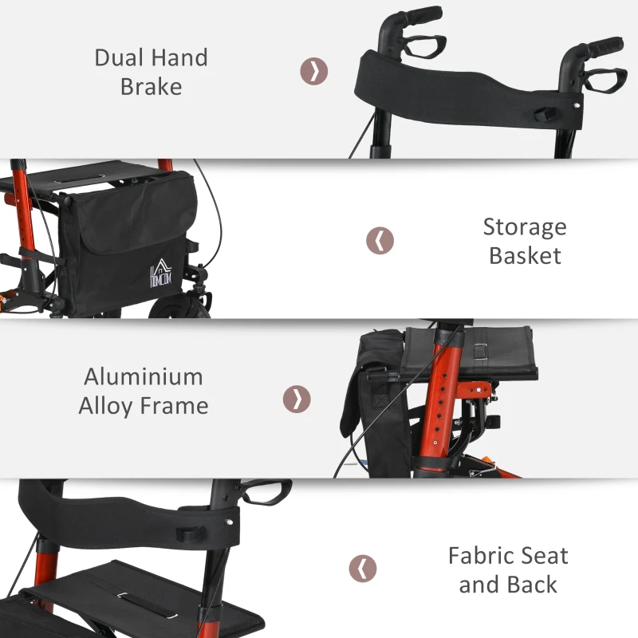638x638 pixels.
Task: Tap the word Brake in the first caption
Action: pos(151,87)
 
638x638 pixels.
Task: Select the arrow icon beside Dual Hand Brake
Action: pos(314,71)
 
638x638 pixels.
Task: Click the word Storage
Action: pos(525,227)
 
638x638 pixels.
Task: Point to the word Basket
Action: pos(526,256)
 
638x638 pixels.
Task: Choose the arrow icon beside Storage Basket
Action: pos(380,241)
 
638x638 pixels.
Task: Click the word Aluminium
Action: pos(144,376)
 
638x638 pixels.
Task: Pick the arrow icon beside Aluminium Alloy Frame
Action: pos(297,400)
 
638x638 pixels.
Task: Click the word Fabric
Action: pos(475,556)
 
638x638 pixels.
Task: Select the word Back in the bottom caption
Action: pos(532,585)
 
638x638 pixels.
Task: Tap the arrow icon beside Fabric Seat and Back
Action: pos(363,569)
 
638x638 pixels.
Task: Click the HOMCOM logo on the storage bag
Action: pos(161,273)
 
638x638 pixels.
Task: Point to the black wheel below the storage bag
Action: pos(179,306)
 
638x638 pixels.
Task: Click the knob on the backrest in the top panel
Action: pos(545,114)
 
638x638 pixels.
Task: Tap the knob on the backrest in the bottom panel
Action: pos(190,534)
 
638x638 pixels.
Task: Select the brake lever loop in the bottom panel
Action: pos(266,492)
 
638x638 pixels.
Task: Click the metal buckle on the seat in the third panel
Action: pos(481,352)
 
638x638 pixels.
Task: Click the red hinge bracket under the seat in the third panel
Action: pos(474,390)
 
